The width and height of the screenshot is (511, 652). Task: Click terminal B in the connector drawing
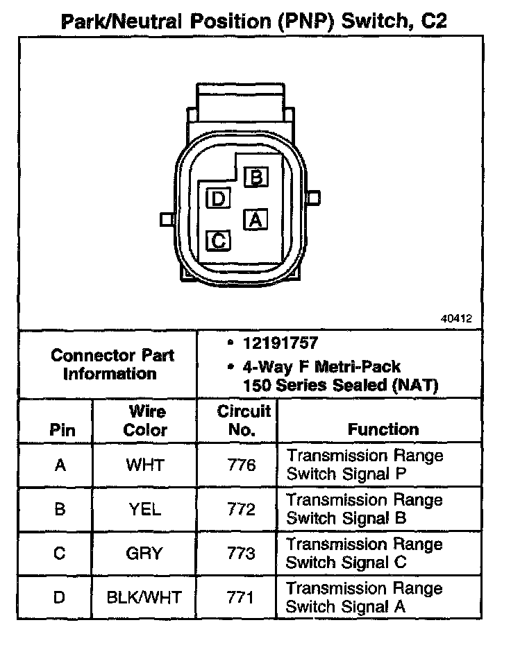point(255,177)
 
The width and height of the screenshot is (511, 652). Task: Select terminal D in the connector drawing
point(218,199)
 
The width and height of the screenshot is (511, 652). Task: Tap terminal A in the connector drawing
point(255,220)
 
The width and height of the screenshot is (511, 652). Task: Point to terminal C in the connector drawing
point(218,241)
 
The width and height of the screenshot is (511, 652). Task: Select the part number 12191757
point(281,343)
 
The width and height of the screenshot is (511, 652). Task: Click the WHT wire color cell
point(144,465)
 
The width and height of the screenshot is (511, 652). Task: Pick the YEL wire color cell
point(144,509)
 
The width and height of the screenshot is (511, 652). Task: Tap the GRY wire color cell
point(144,554)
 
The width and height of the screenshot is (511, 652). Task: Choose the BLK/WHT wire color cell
point(144,597)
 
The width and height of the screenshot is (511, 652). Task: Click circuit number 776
point(241,465)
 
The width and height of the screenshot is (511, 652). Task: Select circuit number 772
point(241,509)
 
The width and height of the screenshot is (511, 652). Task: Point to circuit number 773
point(241,554)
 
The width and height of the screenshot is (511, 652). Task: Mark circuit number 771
point(241,597)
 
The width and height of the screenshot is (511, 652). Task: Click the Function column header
point(383,429)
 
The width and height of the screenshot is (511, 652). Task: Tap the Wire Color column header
point(145,420)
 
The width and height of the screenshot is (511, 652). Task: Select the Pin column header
point(62,429)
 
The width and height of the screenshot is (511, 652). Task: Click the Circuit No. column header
point(243,420)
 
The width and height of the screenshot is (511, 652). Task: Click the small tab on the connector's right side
point(315,198)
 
